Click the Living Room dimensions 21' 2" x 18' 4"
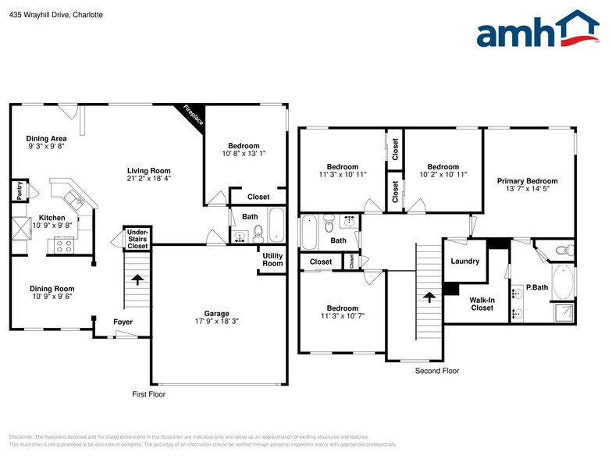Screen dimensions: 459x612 point(148,179)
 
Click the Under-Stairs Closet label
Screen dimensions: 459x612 point(137,239)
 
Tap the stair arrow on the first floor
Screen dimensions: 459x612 point(137,279)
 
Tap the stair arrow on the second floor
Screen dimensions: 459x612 point(428,297)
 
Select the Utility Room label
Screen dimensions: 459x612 point(272,260)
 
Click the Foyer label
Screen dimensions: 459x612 point(123,322)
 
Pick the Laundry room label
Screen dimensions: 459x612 point(465,261)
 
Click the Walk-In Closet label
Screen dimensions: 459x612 point(482,304)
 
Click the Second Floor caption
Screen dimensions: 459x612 point(437,371)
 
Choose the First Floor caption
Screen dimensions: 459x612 point(148,394)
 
